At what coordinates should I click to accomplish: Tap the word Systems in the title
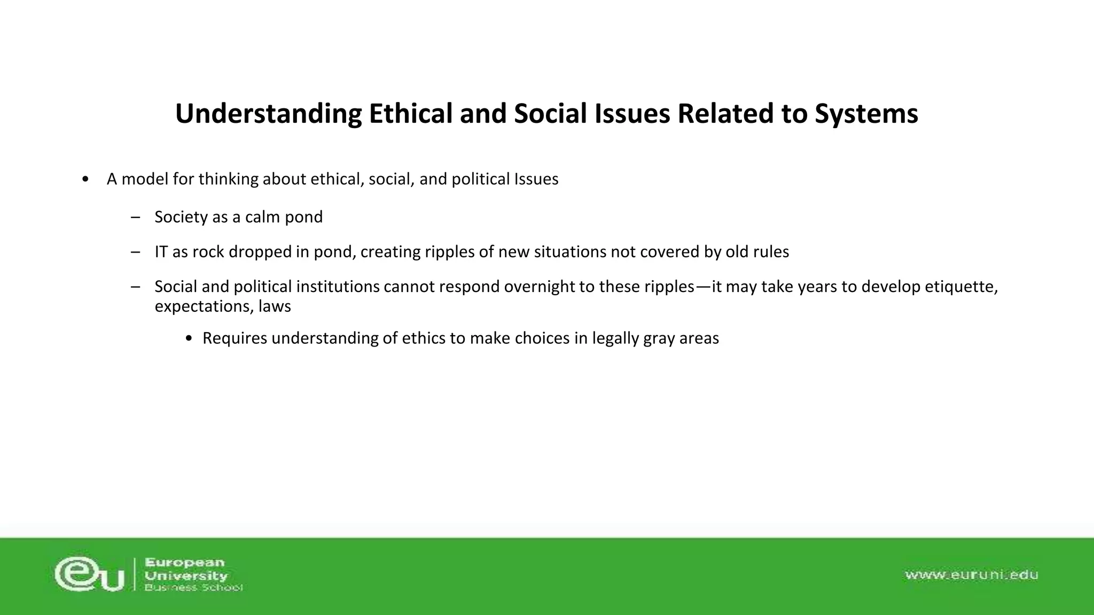click(866, 114)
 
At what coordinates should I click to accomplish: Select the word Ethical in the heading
click(410, 114)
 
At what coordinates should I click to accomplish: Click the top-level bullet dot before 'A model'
click(86, 179)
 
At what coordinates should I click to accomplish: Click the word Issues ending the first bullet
click(536, 179)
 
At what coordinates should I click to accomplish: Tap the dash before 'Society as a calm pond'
click(135, 217)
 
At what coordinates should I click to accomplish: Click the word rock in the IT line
click(208, 251)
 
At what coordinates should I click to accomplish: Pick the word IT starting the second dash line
click(161, 251)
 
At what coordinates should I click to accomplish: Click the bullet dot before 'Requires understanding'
click(189, 339)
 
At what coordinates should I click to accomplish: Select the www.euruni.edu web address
click(971, 575)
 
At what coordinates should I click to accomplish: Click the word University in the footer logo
click(186, 575)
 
